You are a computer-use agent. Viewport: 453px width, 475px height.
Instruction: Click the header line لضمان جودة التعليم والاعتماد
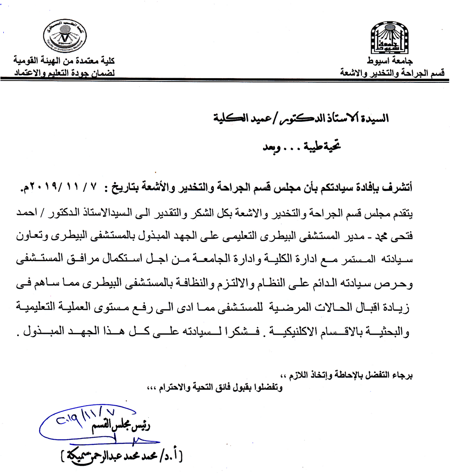[63, 72]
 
